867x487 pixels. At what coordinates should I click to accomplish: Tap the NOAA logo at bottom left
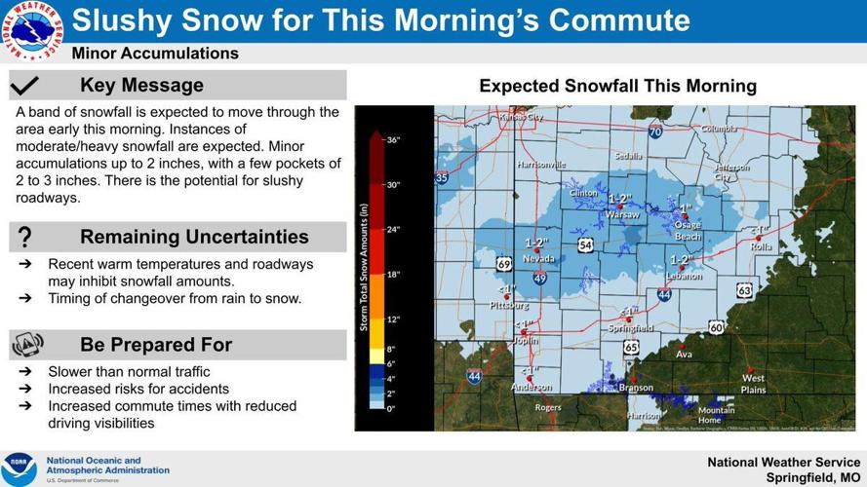pyautogui.click(x=19, y=468)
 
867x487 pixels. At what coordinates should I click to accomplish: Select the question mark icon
pyautogui.click(x=25, y=237)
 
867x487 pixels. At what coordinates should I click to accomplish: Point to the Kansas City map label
pyautogui.click(x=520, y=118)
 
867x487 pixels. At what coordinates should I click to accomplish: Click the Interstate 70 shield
pyautogui.click(x=655, y=131)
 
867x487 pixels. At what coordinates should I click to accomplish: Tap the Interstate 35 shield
pyautogui.click(x=442, y=178)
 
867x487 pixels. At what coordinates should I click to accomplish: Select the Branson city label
pyautogui.click(x=636, y=388)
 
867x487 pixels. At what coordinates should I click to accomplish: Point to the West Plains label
pyautogui.click(x=753, y=384)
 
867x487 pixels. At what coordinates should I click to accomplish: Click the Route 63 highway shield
pyautogui.click(x=744, y=289)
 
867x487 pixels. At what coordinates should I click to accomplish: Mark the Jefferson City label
pyautogui.click(x=731, y=171)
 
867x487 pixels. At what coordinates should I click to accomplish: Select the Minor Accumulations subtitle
pyautogui.click(x=155, y=54)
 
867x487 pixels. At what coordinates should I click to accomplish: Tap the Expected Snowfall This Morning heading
pyautogui.click(x=617, y=86)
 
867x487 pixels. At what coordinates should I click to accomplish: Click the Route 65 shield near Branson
pyautogui.click(x=631, y=347)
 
